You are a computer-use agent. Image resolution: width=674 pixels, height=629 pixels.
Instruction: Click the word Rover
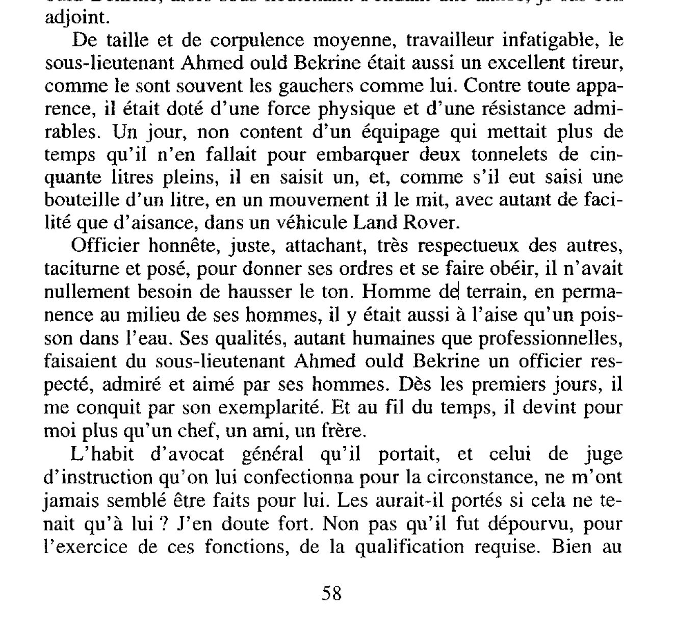[428, 223]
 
